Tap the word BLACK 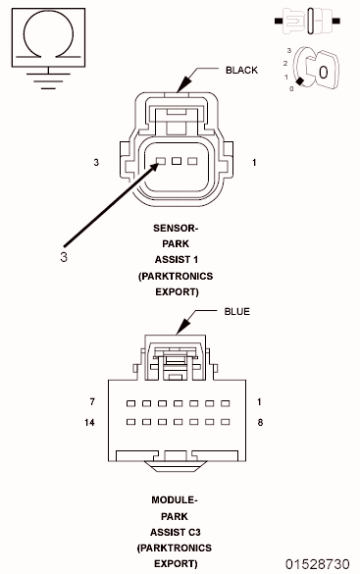241,71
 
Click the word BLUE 237,311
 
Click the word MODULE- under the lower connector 175,500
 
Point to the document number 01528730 317,564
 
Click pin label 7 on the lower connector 91,402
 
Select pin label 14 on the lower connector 91,422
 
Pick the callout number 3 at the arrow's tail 63,257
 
